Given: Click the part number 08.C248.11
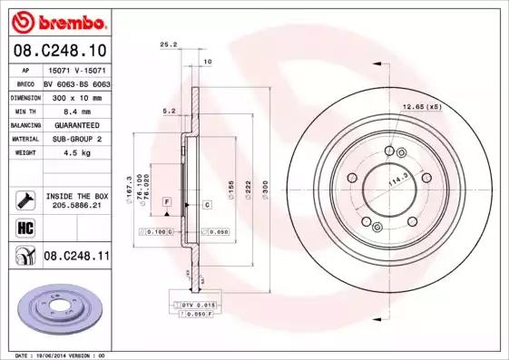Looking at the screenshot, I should (76, 257).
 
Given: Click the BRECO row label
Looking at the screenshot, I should (26, 83).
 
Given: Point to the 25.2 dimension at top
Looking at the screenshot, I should (167, 44).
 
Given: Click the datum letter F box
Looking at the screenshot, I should (167, 199).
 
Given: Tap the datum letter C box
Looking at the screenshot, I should (207, 205).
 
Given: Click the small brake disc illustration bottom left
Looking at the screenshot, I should (54, 311).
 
